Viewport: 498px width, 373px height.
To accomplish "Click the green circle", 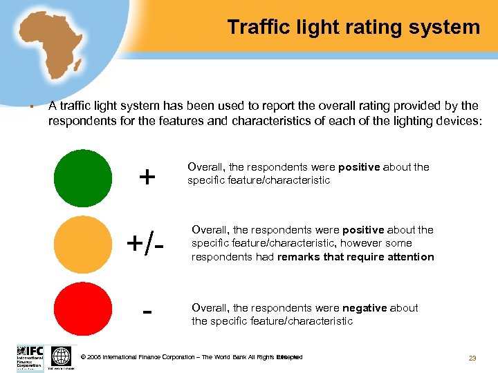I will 82,178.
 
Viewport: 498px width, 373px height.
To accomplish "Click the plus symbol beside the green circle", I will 147,178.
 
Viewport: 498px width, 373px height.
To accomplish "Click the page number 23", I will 472,358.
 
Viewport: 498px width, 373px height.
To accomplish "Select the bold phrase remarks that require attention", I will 356,257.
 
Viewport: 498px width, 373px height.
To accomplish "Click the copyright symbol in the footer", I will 84,357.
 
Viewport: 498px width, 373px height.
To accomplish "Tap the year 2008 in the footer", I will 95,357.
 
